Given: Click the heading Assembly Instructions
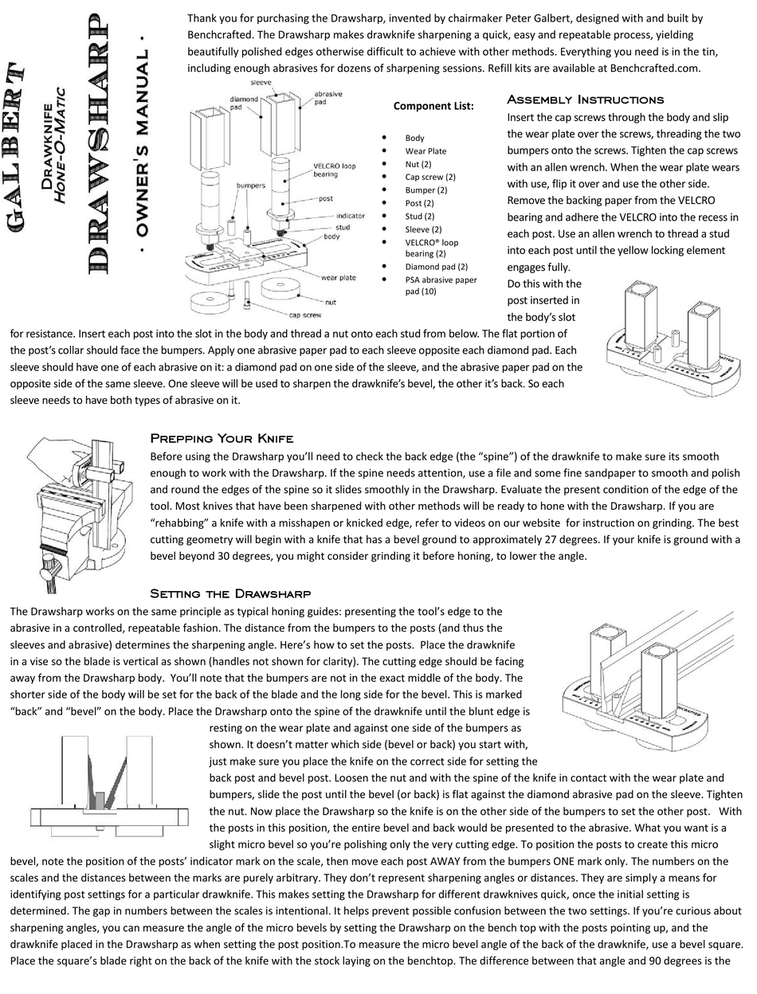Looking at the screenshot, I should (x=585, y=100).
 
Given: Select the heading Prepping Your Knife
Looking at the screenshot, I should (x=222, y=438).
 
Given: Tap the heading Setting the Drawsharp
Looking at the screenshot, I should (x=230, y=593).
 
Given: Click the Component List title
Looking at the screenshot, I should (x=433, y=106).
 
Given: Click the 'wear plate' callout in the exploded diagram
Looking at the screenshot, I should (x=339, y=278).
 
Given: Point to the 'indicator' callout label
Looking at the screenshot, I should (x=350, y=216).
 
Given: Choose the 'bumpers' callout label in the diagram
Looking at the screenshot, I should (x=250, y=185).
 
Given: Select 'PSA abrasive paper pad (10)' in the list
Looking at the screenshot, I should (x=441, y=285).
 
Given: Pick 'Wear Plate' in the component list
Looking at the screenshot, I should (x=426, y=151).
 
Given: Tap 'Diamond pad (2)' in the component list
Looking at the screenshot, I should (x=436, y=267).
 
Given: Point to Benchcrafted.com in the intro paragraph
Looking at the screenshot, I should (x=654, y=68).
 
